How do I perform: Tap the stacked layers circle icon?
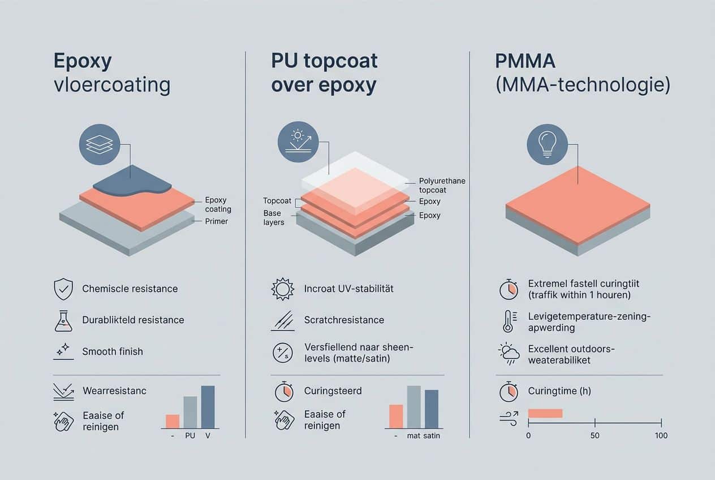click(x=100, y=145)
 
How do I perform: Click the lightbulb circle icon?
click(x=547, y=145)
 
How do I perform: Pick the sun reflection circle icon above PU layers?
click(x=298, y=142)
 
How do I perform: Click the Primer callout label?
click(x=216, y=221)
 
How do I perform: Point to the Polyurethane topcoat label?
click(x=442, y=186)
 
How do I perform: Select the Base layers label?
click(x=274, y=218)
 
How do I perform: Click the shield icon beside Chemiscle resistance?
click(x=63, y=289)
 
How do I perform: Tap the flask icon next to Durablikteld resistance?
click(x=63, y=320)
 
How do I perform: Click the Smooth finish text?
click(x=113, y=352)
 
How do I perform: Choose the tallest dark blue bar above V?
click(x=208, y=407)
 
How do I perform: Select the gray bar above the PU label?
click(x=190, y=412)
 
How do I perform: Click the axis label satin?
click(x=431, y=436)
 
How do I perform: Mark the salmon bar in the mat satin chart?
click(x=396, y=417)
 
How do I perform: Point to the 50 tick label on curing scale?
click(x=594, y=435)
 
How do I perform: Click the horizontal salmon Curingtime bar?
click(x=545, y=413)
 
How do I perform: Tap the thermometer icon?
click(x=508, y=320)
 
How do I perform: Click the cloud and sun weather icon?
click(x=509, y=354)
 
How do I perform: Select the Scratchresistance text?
click(x=344, y=320)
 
